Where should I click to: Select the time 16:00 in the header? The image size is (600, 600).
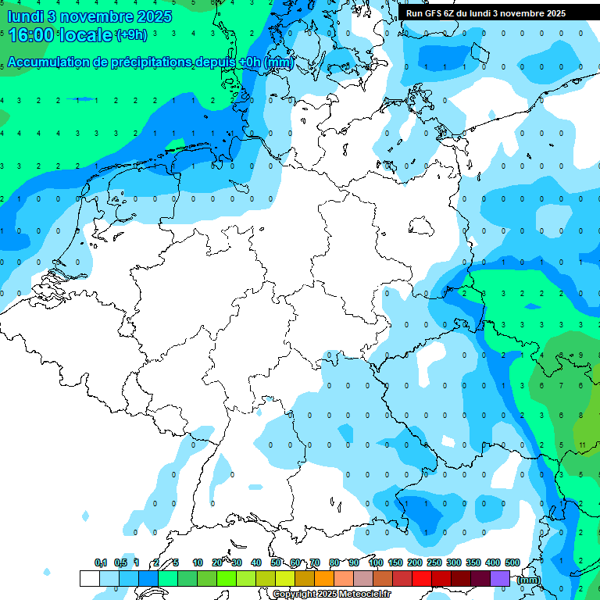click(31, 34)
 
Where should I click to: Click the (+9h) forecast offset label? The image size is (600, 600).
click(131, 35)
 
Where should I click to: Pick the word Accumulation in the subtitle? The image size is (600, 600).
click(48, 62)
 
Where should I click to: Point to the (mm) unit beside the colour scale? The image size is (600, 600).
click(529, 580)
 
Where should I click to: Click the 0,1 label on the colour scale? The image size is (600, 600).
click(101, 562)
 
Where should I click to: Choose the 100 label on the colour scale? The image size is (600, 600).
click(376, 562)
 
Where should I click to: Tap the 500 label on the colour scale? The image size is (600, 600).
click(512, 562)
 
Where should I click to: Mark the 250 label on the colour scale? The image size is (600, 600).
click(434, 562)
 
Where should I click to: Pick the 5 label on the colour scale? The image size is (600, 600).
click(177, 562)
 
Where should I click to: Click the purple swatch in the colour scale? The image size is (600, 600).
click(500, 578)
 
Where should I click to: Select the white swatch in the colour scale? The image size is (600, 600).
click(89, 578)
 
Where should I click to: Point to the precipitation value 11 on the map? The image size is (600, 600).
click(583, 445)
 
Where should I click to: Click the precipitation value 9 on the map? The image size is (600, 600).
click(581, 355)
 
